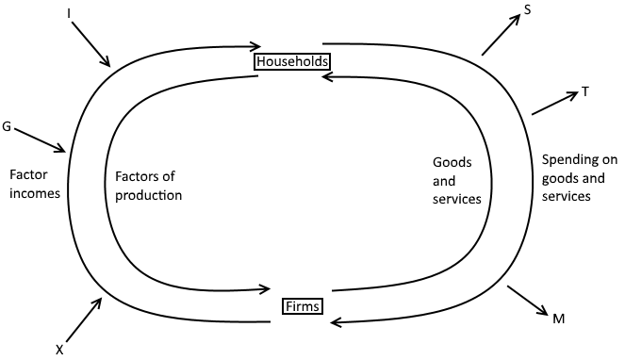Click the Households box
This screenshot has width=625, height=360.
(x=292, y=61)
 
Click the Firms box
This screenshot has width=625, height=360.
(x=303, y=306)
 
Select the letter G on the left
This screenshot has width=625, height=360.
(x=8, y=125)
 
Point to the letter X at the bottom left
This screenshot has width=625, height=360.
(x=59, y=349)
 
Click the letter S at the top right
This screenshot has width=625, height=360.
(x=529, y=10)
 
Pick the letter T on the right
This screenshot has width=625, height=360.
(x=585, y=91)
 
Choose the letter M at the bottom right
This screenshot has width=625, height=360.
(x=559, y=319)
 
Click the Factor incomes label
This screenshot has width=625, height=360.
(x=34, y=184)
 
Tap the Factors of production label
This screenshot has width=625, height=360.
(x=147, y=186)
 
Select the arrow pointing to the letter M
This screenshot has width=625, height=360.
(x=527, y=301)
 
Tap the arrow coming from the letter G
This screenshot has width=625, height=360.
(x=41, y=139)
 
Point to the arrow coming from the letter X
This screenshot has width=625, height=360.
(x=82, y=319)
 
